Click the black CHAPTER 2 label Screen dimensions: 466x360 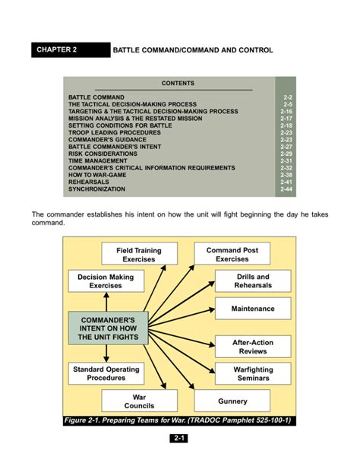pos(67,50)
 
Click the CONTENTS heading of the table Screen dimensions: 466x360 pos(178,83)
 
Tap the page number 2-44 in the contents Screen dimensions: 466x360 pos(286,189)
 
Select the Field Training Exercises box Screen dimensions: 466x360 pos(139,255)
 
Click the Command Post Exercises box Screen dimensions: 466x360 pos(232,254)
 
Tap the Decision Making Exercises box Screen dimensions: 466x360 pos(106,281)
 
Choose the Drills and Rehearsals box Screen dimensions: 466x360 pos(253,281)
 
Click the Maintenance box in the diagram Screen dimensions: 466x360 pos(253,309)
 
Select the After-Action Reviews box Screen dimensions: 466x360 pos(253,347)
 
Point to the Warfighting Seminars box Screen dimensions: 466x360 pos(253,374)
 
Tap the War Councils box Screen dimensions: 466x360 pos(139,401)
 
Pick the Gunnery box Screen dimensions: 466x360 pos(232,401)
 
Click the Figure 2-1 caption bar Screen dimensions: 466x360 pos(180,420)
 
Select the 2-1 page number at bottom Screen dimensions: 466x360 pos(180,439)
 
